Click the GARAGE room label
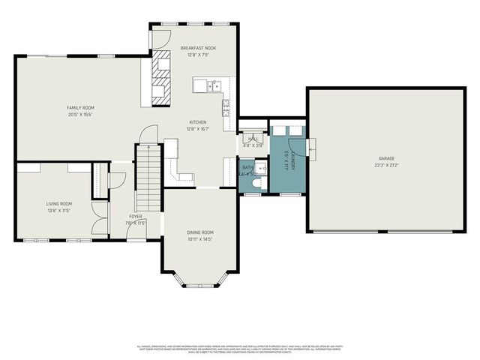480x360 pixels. click(x=386, y=158)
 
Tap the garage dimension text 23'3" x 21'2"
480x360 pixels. click(x=386, y=164)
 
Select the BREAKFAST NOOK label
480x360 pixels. click(x=198, y=49)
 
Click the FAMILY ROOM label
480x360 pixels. click(x=80, y=108)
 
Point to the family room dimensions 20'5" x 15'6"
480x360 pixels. click(x=80, y=114)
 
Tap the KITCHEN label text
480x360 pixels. click(x=198, y=122)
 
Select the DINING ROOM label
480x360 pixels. click(x=200, y=232)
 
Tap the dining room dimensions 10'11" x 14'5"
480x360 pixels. click(x=200, y=239)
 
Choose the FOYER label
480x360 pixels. click(x=135, y=216)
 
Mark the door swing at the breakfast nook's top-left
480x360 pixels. click(x=164, y=37)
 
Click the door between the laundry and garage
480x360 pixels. click(x=311, y=148)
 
